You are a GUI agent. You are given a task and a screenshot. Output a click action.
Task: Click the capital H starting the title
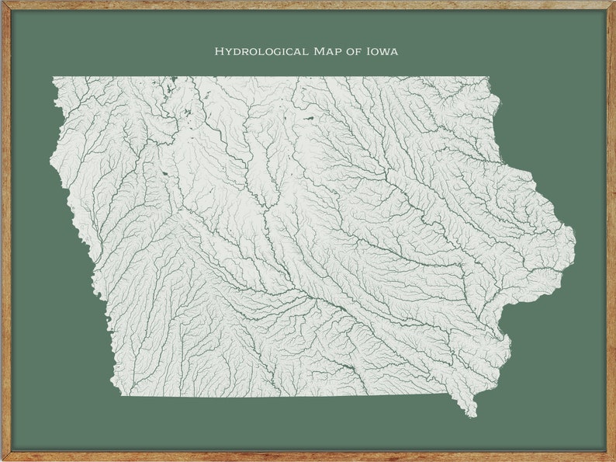[x=219, y=52]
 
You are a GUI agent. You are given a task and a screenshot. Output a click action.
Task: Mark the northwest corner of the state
[x=54, y=78]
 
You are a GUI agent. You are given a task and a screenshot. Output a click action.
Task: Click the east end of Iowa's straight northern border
[x=486, y=77]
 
